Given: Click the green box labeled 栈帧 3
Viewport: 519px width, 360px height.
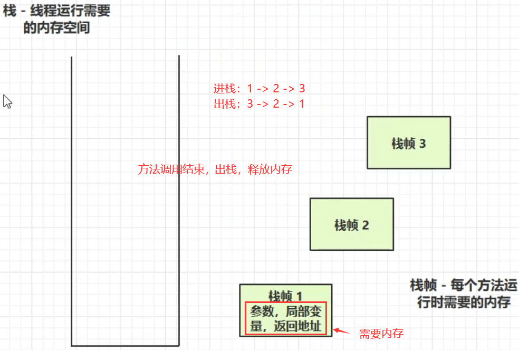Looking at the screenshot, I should point(409,143).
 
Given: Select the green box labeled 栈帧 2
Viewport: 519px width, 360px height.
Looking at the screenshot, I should point(352,224).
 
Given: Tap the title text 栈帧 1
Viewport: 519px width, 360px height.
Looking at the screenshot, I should point(285,296).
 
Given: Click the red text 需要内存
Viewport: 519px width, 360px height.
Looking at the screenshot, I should point(381,333).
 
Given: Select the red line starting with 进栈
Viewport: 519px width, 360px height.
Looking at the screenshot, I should point(259,89).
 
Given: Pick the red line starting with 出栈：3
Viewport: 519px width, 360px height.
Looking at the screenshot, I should point(259,104).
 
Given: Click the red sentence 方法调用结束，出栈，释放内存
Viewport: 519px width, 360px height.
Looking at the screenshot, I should point(215,169).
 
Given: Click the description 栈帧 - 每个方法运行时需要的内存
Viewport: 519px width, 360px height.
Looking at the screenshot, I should point(463,293).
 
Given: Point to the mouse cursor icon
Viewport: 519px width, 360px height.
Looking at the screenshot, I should point(7,101).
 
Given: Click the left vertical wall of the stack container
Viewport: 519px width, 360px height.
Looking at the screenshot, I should point(71,201).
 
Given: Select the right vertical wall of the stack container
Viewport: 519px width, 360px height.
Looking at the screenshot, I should point(179,201).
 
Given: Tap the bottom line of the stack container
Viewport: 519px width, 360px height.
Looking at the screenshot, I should point(125,346).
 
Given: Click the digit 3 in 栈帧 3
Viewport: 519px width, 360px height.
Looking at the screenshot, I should point(422,144).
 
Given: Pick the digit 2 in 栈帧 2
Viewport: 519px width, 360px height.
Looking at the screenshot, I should point(366,225).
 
